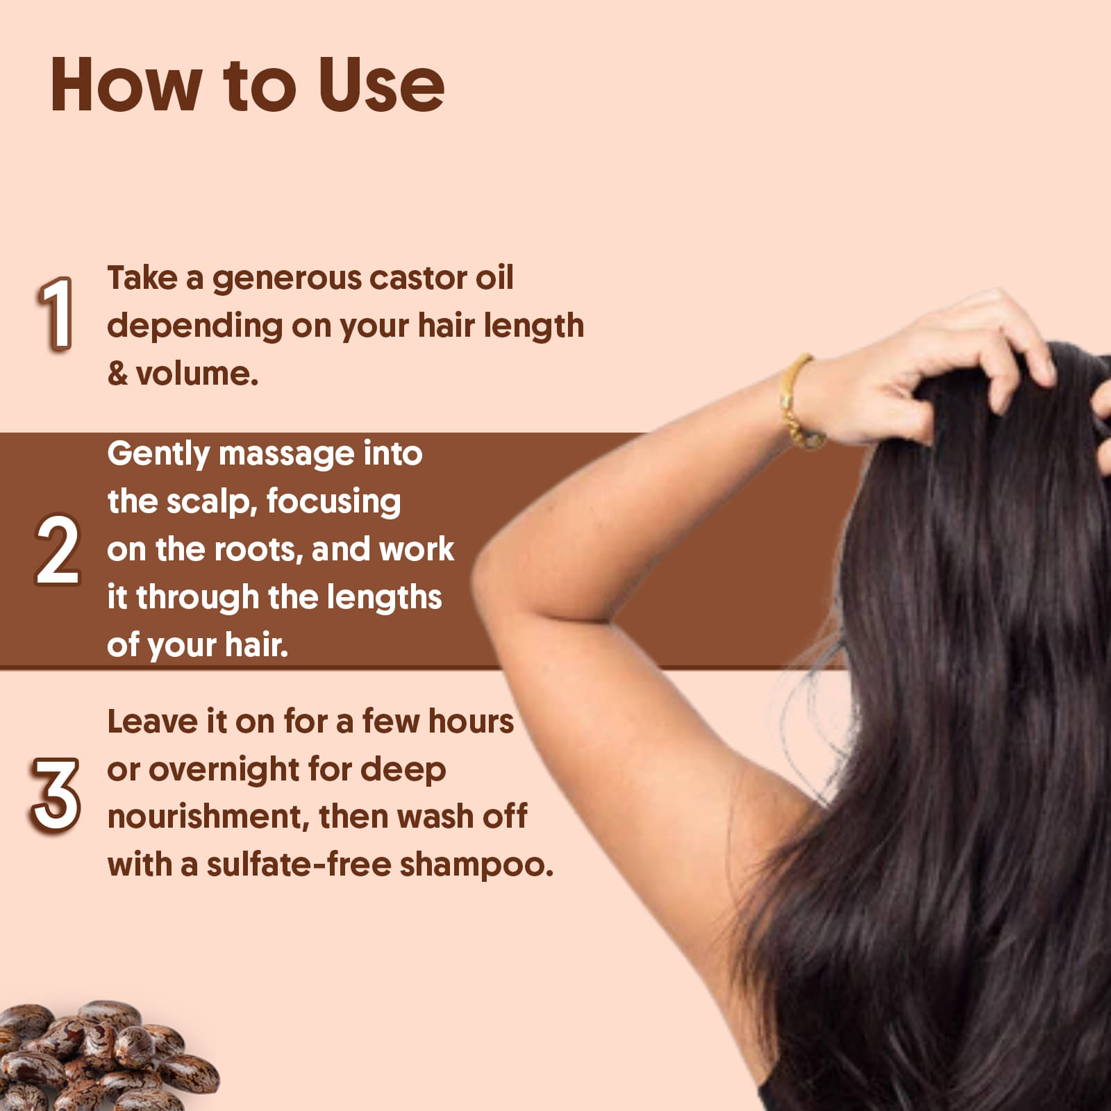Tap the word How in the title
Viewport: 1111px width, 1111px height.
(x=125, y=85)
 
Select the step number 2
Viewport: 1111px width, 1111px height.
(x=58, y=549)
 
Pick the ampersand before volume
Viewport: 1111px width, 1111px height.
(x=117, y=374)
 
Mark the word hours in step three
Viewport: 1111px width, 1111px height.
(x=471, y=722)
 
